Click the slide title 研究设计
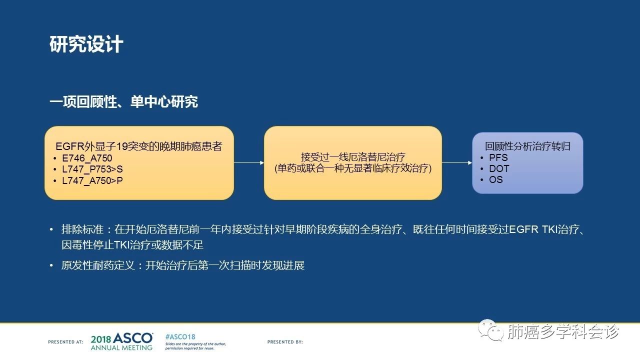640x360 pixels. [x=86, y=44]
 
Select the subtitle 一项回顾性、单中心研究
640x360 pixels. [x=123, y=101]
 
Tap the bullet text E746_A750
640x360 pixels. [x=87, y=158]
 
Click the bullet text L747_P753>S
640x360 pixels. [x=92, y=169]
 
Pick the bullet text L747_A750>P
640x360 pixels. [x=92, y=180]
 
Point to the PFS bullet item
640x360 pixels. [x=498, y=157]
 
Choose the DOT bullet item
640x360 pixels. [x=499, y=168]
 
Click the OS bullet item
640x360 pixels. [x=495, y=179]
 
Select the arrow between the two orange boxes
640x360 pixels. [x=249, y=163]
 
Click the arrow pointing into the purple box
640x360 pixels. [x=457, y=163]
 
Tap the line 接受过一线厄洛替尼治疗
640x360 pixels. [x=353, y=157]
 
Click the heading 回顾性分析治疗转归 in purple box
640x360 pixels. [x=527, y=146]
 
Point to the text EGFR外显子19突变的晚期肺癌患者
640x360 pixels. [x=139, y=146]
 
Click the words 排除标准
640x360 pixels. [x=82, y=229]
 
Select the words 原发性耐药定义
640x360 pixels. [x=98, y=265]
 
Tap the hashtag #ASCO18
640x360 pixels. [x=180, y=336]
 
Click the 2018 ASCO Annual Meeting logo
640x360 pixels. [x=121, y=341]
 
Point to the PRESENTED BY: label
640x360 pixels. [x=285, y=341]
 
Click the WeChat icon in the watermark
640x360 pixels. [x=491, y=330]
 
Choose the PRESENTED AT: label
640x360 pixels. [x=65, y=341]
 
